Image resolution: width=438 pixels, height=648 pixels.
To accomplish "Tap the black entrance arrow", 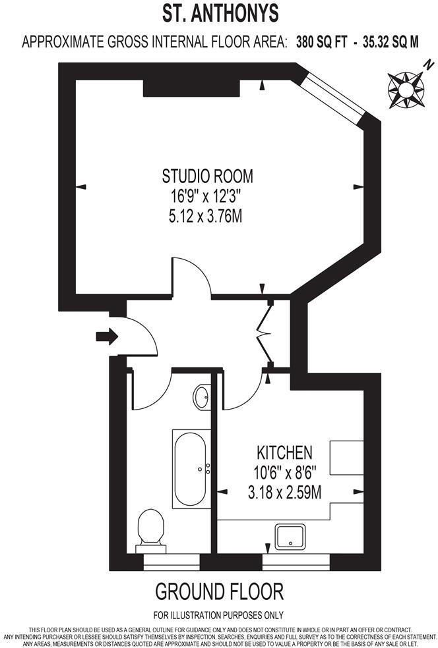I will point(106,337).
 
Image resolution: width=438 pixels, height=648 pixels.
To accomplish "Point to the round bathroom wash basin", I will point(202,397).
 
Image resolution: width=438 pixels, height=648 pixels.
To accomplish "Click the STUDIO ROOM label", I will point(207,176).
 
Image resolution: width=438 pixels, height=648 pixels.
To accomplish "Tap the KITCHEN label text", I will point(284,453).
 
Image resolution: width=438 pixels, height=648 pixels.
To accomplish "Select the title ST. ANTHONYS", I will point(220,13).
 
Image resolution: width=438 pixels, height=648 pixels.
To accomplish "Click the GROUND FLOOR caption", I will point(219,591).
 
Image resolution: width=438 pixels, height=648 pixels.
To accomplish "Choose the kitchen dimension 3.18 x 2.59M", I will point(284,492).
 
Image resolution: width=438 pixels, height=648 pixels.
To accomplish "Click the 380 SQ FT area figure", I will point(316,43).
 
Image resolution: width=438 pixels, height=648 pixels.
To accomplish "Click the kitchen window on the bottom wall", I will point(295,562).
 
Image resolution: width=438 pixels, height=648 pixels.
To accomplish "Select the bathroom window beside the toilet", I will point(172,562).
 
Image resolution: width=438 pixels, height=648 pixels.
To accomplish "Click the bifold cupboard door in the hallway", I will point(268,333).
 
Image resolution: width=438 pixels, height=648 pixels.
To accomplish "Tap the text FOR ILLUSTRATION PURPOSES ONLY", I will point(218,616).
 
